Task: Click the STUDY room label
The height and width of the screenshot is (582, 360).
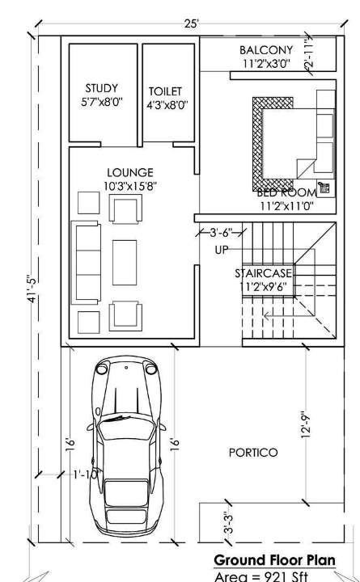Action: tap(102, 88)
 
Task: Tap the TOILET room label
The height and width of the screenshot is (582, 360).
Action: tap(165, 91)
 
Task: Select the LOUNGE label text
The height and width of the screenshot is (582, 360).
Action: tap(129, 172)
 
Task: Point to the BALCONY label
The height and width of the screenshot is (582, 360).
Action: tap(265, 50)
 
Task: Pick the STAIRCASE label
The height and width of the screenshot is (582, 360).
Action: tap(264, 273)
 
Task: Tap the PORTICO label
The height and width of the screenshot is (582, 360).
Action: tap(252, 452)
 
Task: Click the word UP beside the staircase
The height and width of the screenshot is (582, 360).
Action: tap(222, 249)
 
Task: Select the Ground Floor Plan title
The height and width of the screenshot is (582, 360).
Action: tap(275, 560)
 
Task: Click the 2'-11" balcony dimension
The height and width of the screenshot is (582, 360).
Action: tap(308, 56)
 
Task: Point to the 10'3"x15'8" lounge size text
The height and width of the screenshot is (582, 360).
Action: tap(129, 185)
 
